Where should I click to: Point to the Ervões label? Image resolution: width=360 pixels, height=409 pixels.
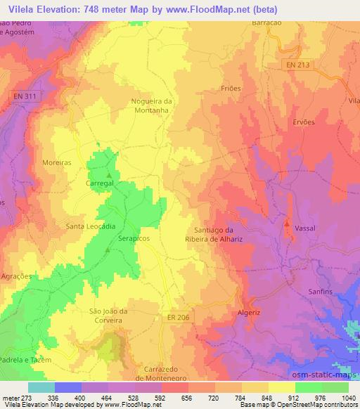tap(303, 122)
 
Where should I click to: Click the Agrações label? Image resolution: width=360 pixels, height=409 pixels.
tap(17, 277)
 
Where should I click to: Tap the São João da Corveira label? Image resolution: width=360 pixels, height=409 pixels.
tap(108, 316)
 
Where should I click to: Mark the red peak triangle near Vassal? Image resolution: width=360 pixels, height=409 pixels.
tap(286, 224)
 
